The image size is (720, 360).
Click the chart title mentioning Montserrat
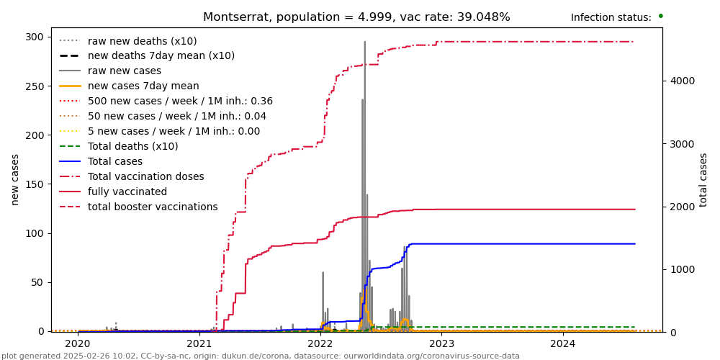pos(356,17)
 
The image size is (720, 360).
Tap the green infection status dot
pos(660,16)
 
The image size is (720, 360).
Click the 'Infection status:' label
pos(611,18)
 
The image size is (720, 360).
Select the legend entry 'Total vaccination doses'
pos(145,176)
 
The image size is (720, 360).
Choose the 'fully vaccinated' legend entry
pos(127,192)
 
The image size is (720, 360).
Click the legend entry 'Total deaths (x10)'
pos(132,146)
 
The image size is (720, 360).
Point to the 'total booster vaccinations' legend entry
pos(153,207)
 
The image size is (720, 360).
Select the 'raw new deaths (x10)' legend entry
pos(142,42)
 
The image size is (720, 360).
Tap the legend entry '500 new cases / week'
pos(180,102)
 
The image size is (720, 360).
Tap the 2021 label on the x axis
pos(199,344)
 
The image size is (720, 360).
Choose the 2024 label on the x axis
pos(563,344)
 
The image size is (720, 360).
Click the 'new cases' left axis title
pos(15,179)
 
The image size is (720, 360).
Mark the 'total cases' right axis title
pos(703,179)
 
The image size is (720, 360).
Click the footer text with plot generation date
pos(260,356)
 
